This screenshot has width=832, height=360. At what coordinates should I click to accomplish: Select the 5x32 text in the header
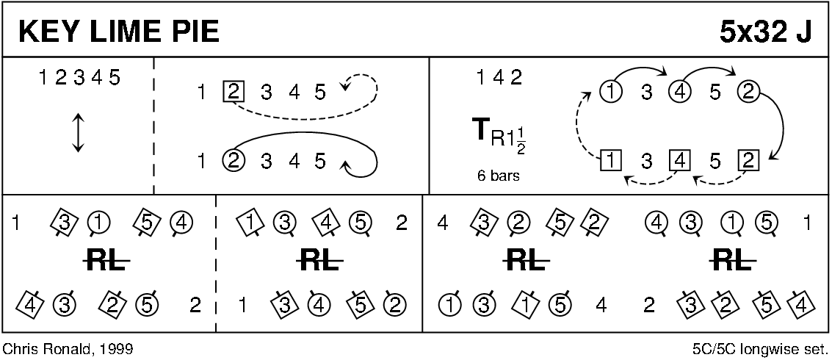point(753,32)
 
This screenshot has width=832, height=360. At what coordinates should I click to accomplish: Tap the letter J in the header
point(804,32)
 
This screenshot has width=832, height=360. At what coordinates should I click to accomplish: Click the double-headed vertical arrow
point(79,132)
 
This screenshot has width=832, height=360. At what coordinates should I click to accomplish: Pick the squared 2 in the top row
point(234,93)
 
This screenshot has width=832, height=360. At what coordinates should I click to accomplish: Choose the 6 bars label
point(498,176)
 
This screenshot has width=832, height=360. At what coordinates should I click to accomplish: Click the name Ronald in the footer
point(70,349)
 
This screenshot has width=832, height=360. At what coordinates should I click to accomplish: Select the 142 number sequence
point(499,78)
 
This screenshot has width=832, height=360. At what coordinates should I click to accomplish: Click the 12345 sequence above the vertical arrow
point(79,79)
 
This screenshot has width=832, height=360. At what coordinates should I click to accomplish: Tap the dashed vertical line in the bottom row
point(215,264)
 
